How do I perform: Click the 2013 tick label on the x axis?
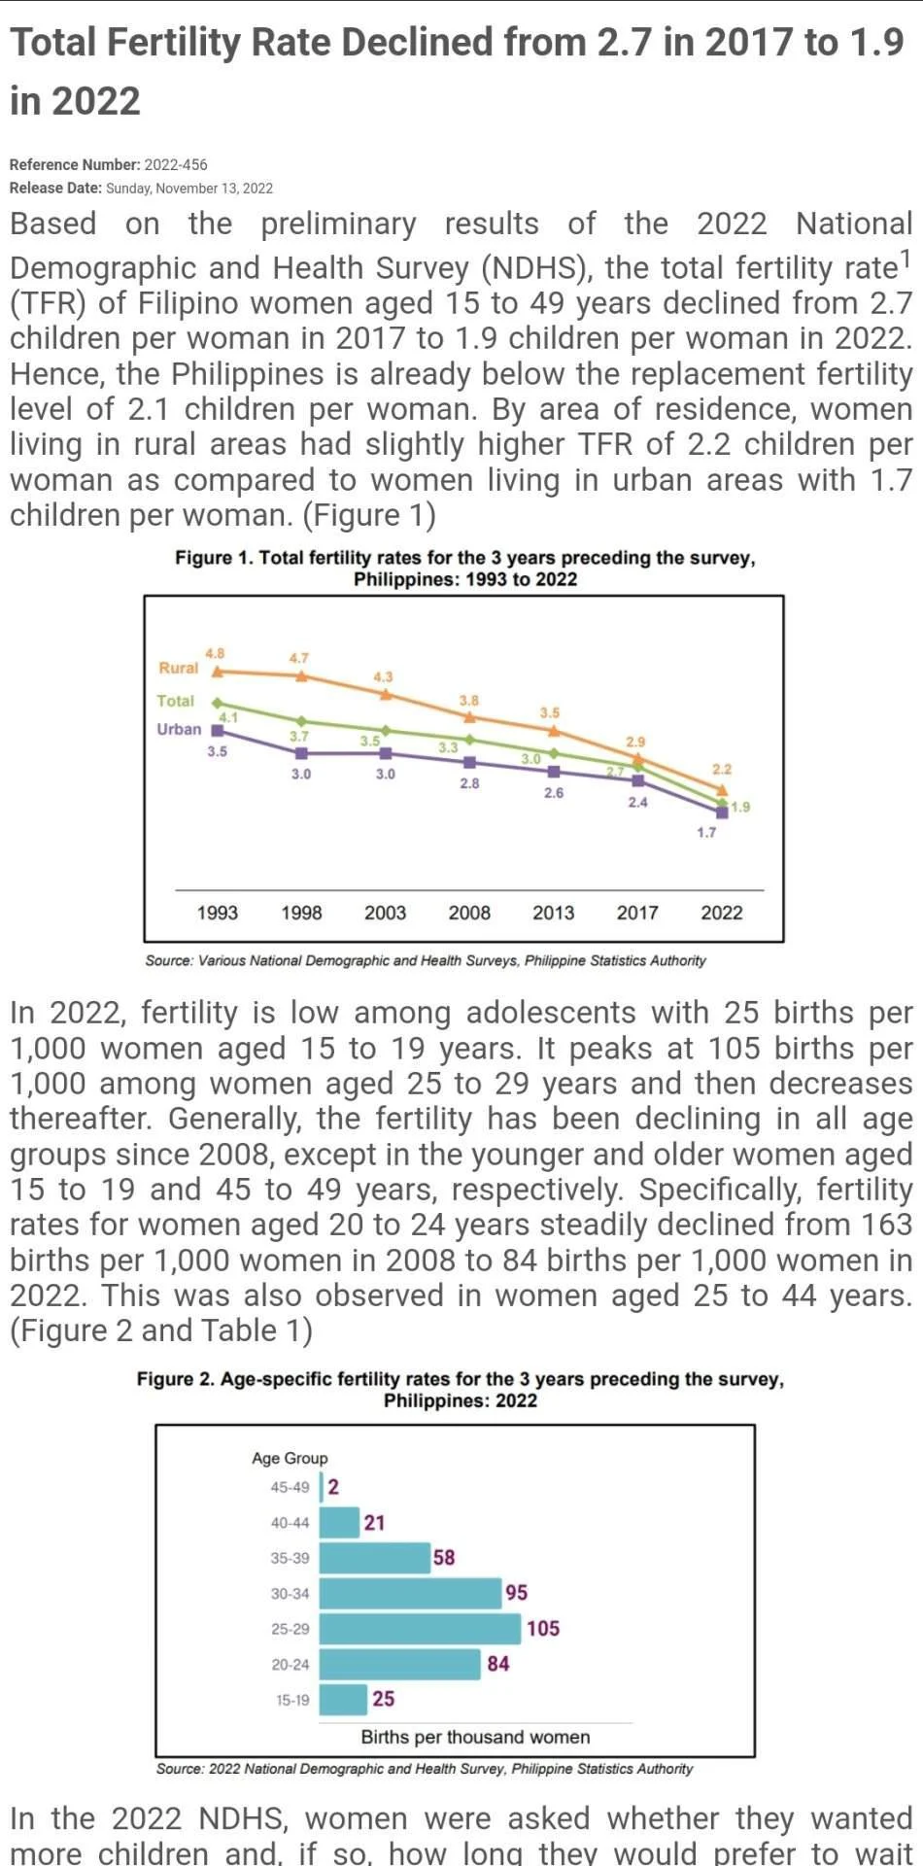point(553,913)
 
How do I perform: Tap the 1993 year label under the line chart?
point(217,913)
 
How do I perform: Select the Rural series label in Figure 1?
point(178,668)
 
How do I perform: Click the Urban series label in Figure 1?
point(179,729)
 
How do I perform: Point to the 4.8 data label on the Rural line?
point(215,653)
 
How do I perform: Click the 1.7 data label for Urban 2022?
point(706,832)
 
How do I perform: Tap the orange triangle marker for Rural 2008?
point(469,717)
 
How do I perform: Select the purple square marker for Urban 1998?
point(301,753)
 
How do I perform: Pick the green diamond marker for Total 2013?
point(554,752)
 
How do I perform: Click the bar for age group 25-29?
point(420,1628)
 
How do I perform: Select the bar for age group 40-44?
point(339,1522)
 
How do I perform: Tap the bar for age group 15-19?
point(343,1699)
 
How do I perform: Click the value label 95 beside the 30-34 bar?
point(517,1592)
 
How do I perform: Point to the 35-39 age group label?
point(290,1558)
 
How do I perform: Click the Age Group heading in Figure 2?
point(290,1458)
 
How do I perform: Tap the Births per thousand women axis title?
point(475,1737)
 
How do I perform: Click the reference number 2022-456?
point(176,164)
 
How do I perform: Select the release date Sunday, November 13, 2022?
point(189,188)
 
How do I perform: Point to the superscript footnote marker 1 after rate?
point(905,258)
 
